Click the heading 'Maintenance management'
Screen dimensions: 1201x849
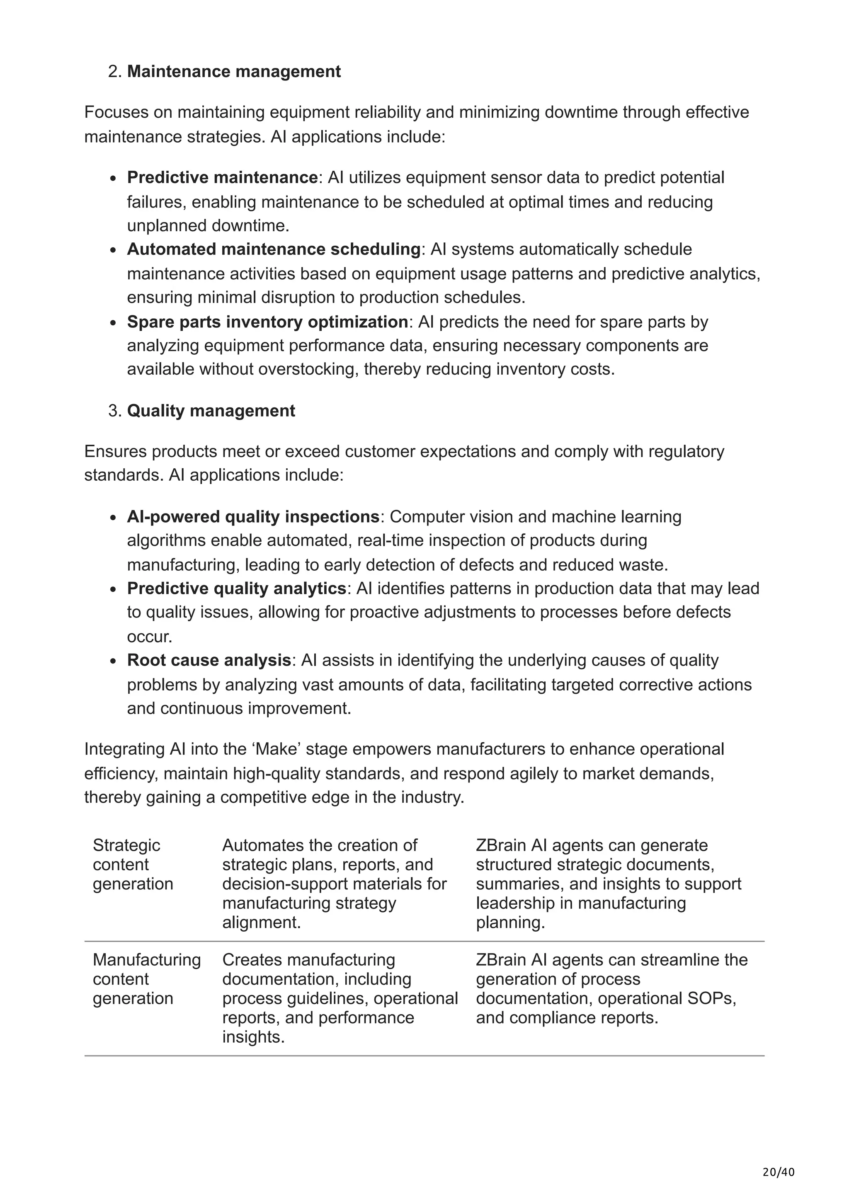pos(233,71)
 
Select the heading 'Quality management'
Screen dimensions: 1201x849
pos(211,411)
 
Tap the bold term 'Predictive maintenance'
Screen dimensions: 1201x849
pos(222,177)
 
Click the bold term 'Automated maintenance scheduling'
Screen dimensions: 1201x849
pos(274,249)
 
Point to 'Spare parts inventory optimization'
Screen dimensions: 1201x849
pos(267,322)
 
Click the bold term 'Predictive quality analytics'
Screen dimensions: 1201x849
pos(236,588)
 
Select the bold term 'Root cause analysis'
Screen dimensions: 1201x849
pos(209,660)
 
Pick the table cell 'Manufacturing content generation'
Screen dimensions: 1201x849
pos(146,979)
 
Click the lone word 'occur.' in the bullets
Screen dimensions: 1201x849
pos(150,637)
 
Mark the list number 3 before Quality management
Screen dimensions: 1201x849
pos(114,411)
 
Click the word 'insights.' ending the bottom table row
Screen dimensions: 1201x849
pos(253,1037)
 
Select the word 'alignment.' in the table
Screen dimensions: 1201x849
pos(262,922)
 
